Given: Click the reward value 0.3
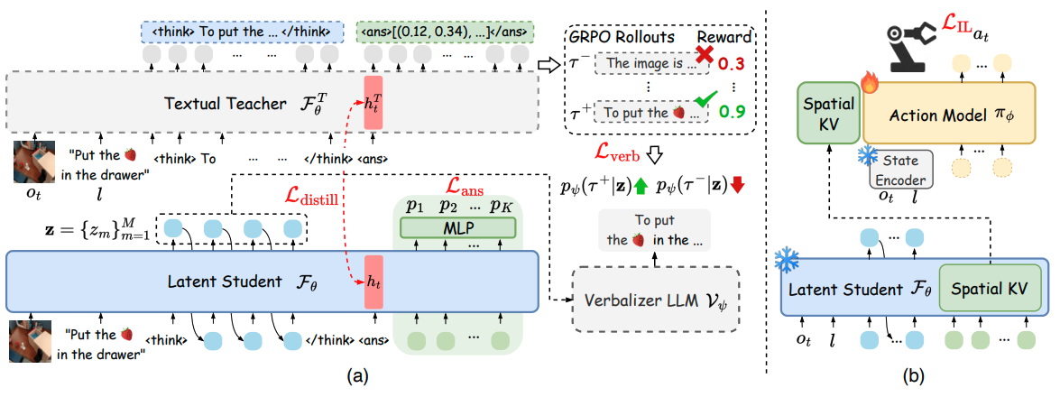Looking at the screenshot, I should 733,65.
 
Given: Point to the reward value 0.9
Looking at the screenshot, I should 733,114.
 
